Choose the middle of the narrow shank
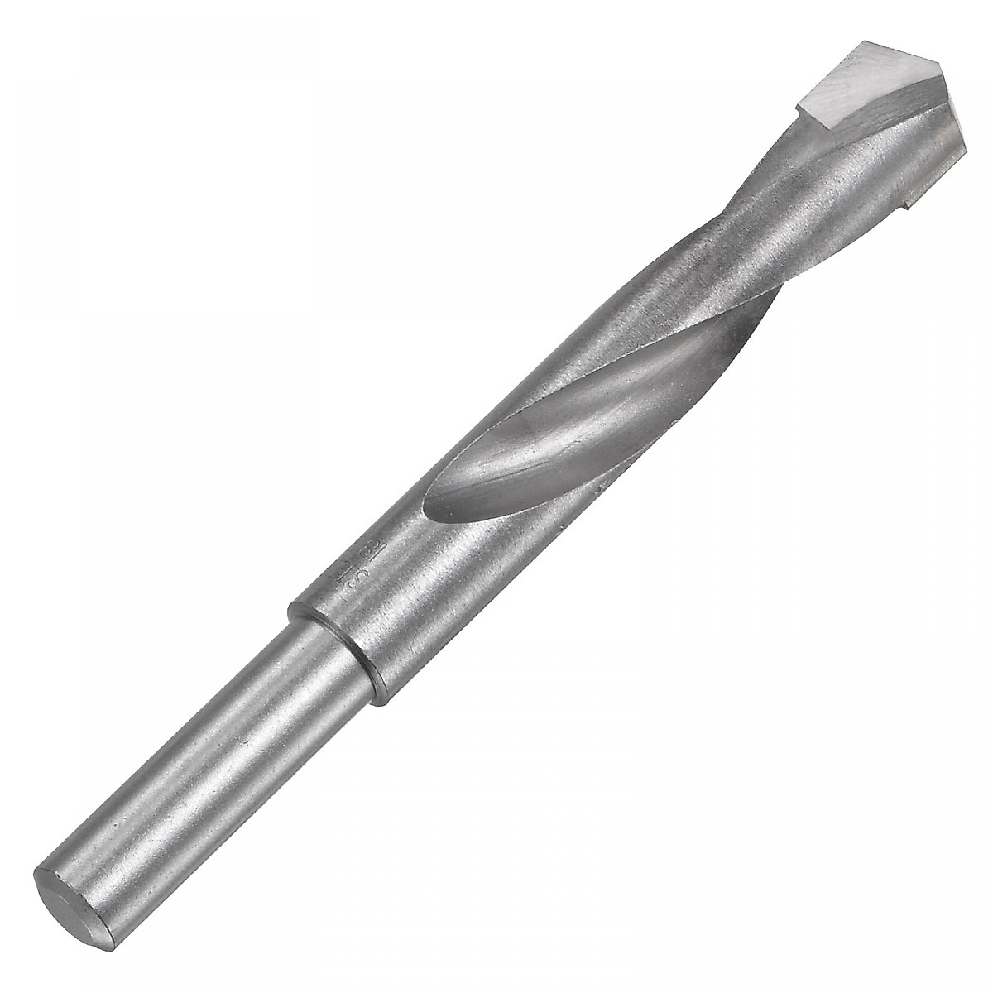(207, 778)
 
